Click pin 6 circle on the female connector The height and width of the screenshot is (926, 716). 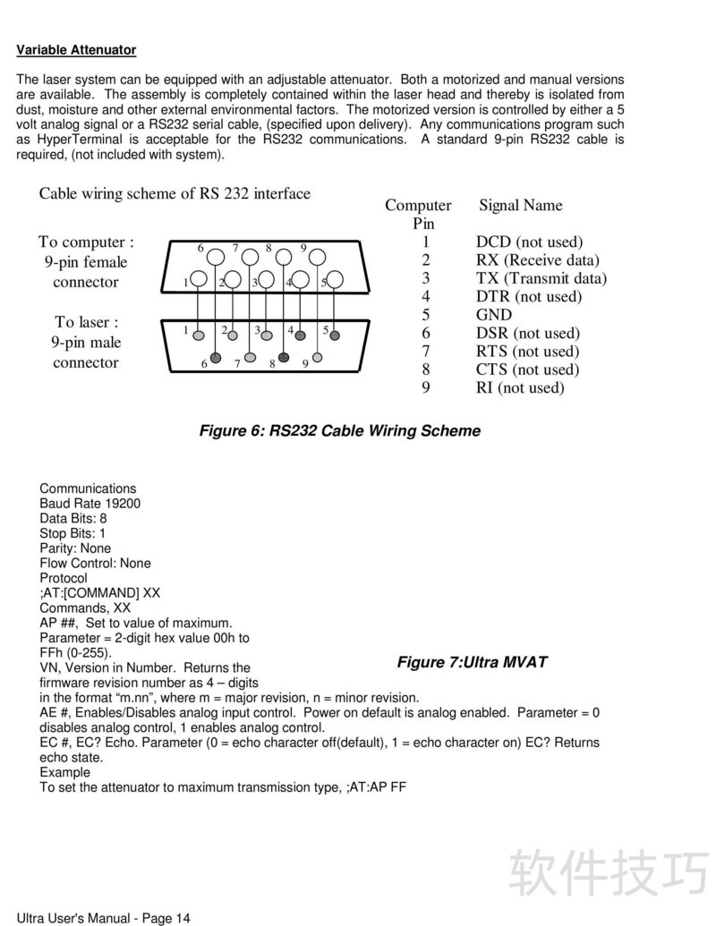(216, 257)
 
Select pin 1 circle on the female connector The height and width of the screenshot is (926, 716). (199, 281)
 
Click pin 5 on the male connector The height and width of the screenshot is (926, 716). (335, 336)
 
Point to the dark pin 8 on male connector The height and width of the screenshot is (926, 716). (284, 358)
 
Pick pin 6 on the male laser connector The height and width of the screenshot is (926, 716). (216, 358)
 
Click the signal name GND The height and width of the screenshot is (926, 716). (494, 315)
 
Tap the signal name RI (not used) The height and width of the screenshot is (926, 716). (520, 387)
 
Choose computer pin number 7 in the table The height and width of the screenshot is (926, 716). (426, 352)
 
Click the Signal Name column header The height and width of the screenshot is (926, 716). (521, 205)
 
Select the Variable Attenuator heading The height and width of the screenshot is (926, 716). (76, 50)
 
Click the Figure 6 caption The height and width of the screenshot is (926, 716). (339, 431)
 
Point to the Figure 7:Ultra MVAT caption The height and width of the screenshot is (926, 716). (472, 662)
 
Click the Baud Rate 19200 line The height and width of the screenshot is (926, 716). (89, 504)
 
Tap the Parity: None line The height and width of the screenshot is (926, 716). (75, 548)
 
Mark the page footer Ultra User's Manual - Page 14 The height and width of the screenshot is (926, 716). (104, 917)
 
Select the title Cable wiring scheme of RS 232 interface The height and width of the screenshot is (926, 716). (175, 193)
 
